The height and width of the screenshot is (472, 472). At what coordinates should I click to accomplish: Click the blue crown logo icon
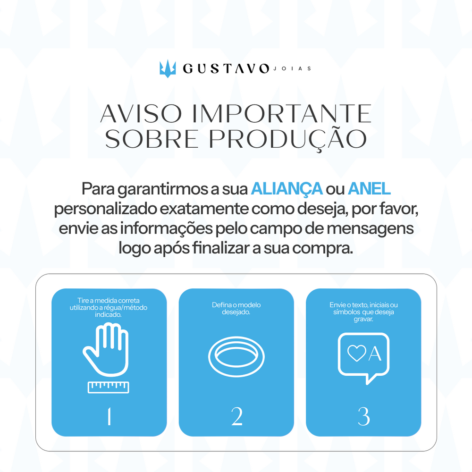[x=168, y=68]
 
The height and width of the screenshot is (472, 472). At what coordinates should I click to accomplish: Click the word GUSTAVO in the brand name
[x=226, y=68]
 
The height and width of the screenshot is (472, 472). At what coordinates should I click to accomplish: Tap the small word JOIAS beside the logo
[x=292, y=68]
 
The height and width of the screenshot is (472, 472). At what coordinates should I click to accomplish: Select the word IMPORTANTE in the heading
[x=281, y=114]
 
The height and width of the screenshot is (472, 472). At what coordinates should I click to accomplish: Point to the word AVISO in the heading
[x=141, y=114]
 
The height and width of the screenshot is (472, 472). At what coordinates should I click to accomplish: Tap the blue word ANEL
[x=369, y=189]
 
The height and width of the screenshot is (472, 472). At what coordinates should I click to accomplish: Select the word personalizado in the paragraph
[x=105, y=209]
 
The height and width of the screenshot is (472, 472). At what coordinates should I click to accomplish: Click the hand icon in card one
[x=106, y=349]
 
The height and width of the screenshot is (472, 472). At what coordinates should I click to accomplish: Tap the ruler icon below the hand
[x=109, y=387]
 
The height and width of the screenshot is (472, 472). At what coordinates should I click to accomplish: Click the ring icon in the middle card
[x=236, y=356]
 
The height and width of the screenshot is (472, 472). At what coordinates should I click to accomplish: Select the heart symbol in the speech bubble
[x=357, y=353]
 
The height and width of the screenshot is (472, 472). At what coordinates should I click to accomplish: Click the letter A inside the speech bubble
[x=375, y=354]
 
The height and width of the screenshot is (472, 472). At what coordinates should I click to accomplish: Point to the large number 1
[x=109, y=416]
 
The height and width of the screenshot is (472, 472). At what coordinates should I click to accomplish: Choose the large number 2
[x=236, y=417]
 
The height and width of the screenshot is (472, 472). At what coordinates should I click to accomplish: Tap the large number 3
[x=363, y=417]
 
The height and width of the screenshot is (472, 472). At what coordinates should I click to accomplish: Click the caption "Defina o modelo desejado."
[x=236, y=309]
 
